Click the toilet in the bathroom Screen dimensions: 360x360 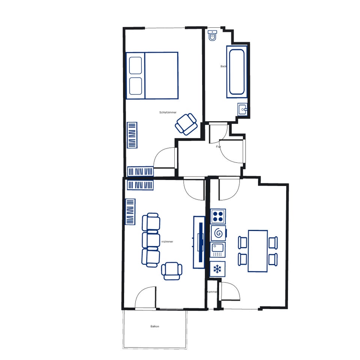212,36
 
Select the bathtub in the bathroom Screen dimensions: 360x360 237,72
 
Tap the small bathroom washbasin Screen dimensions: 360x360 242,110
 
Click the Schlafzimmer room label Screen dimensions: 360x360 168,112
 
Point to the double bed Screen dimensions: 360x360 152,75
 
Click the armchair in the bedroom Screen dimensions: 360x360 186,123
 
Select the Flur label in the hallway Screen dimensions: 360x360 218,147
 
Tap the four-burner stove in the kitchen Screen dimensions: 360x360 218,216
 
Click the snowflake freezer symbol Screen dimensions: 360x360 217,268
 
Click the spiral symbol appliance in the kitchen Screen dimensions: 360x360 218,233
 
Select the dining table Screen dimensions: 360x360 258,251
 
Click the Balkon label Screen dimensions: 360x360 155,326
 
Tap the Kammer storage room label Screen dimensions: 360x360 212,292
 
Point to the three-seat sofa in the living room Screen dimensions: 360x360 151,240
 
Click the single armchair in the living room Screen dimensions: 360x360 172,271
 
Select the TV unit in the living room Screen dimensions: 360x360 199,242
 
